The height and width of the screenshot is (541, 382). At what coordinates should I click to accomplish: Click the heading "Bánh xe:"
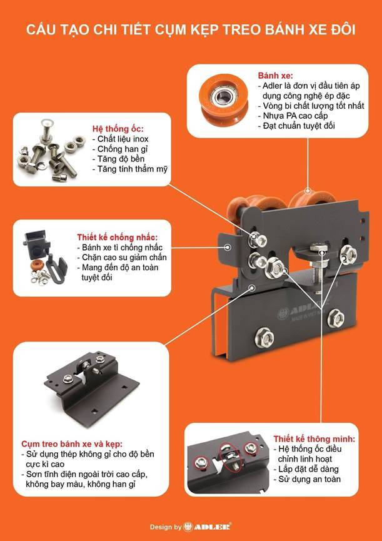pos(275,76)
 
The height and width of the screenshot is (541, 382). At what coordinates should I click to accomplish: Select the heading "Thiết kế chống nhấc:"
pos(117,238)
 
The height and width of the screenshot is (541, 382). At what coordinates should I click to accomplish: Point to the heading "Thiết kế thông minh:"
pos(314,439)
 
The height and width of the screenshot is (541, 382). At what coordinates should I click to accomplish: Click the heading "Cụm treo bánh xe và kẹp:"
pos(72,443)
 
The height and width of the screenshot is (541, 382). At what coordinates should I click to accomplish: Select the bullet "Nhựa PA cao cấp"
pos(293,116)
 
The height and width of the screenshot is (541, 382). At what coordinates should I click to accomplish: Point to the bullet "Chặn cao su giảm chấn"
pos(122,258)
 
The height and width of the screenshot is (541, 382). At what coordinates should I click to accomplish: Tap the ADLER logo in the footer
pos(208,527)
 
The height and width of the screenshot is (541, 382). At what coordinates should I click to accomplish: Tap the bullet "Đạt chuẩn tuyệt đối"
pos(296,126)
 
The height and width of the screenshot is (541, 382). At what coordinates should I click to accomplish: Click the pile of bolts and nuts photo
pos(52,151)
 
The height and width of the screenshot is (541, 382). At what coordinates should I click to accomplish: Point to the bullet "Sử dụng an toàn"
pos(307,479)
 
